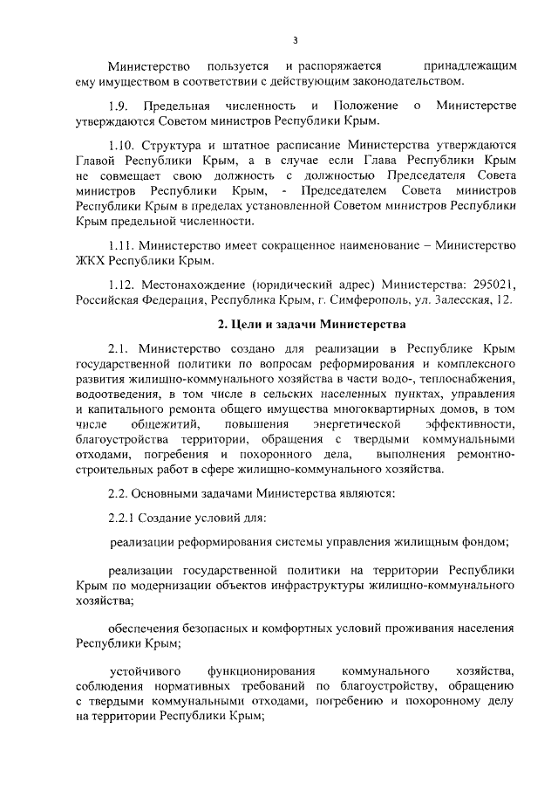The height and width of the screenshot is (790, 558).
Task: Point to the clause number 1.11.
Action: (x=122, y=245)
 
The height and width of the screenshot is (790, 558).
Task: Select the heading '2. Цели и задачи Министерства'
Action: (x=310, y=326)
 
